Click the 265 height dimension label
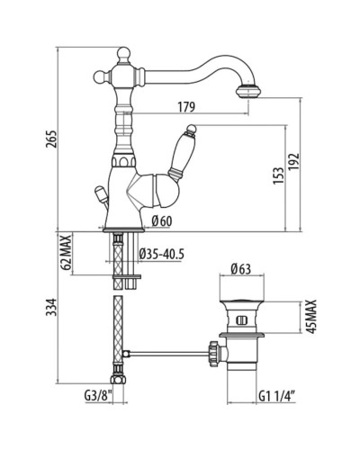pyautogui.click(x=51, y=139)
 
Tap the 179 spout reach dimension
pyautogui.click(x=186, y=107)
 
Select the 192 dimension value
pyautogui.click(x=294, y=162)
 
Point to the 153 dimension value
pyautogui.click(x=279, y=175)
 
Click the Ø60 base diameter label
pyautogui.click(x=162, y=221)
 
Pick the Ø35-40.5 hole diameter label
pyautogui.click(x=161, y=255)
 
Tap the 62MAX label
pyautogui.click(x=67, y=252)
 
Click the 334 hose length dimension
pyautogui.click(x=51, y=307)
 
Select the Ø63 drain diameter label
pyautogui.click(x=241, y=269)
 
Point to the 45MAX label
pyautogui.click(x=312, y=316)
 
